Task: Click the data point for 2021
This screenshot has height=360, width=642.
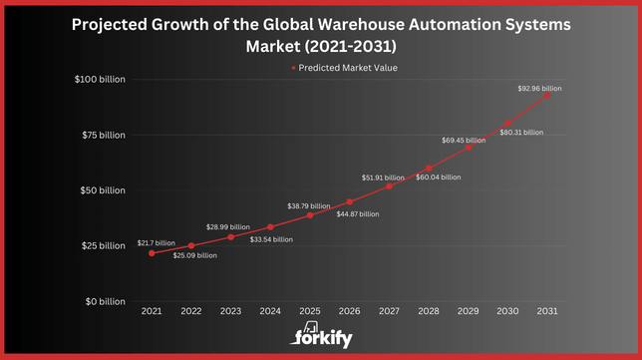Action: pos(152,253)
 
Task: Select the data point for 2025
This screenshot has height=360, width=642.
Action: pos(310,215)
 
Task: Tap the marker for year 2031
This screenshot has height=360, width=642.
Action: pos(547,95)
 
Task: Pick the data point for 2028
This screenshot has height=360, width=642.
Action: pos(429,168)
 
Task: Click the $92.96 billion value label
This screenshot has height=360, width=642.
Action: pos(538,89)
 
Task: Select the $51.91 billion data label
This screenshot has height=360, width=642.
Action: pos(382,178)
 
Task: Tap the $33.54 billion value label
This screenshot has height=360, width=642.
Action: pos(271,239)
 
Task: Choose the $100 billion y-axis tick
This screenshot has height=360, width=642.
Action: pos(101,80)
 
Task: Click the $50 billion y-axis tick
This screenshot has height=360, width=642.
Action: pos(104,190)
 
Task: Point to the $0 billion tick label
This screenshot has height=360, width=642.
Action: pos(106,301)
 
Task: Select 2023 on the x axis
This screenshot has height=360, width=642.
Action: pos(230,312)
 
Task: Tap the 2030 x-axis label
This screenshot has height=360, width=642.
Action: pos(507,312)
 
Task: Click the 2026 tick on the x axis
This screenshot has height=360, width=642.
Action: pos(349,312)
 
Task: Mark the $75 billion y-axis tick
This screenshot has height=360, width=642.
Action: pos(104,135)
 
